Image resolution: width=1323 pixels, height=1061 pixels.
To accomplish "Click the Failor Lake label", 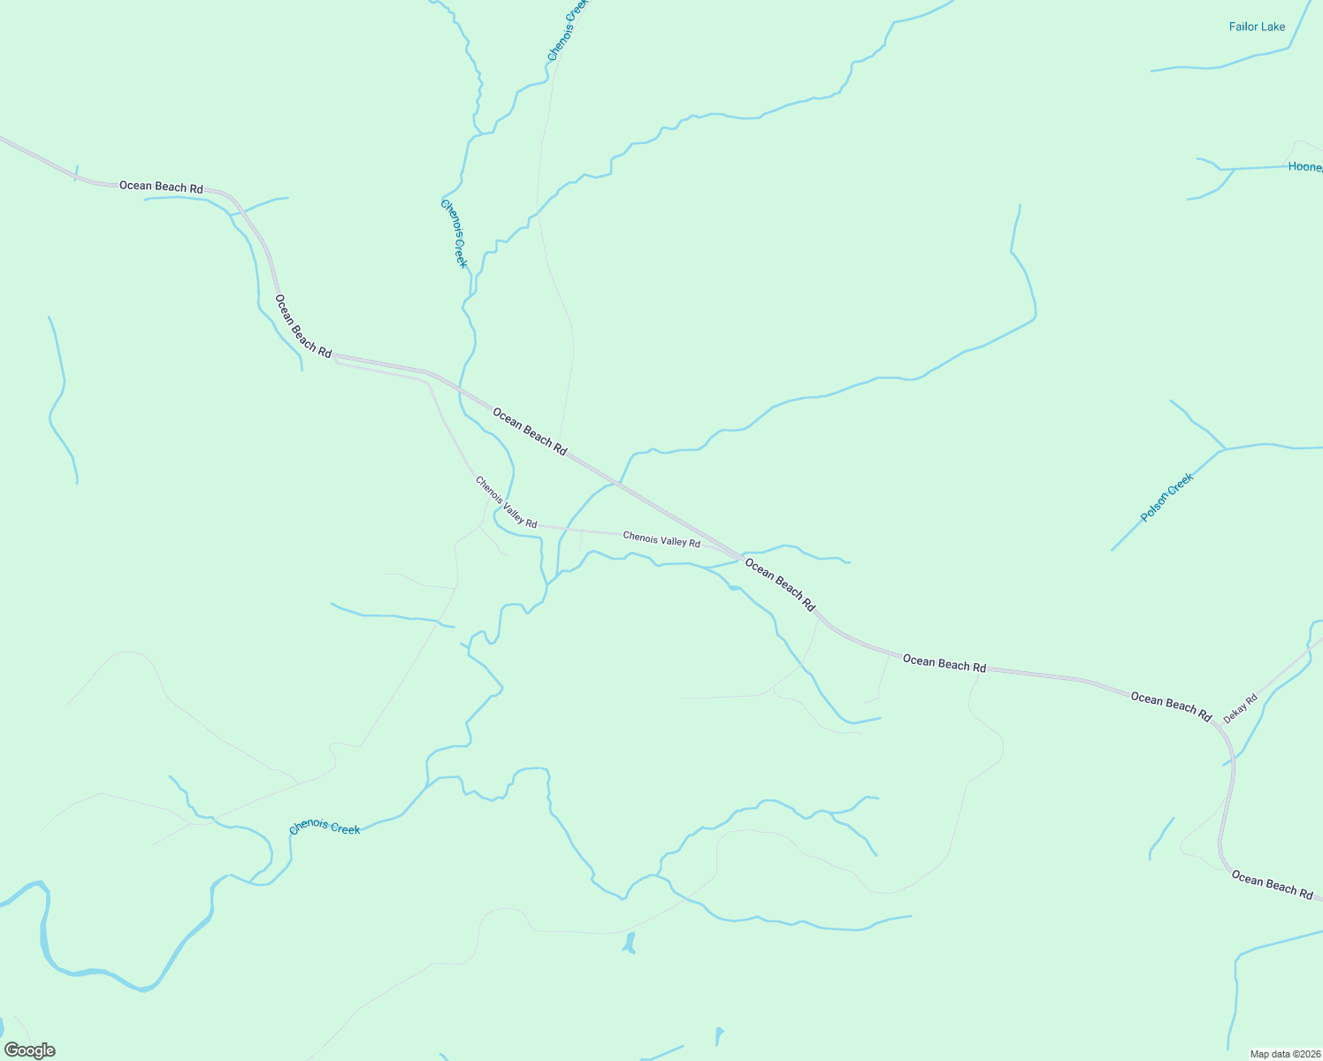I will click(1257, 27).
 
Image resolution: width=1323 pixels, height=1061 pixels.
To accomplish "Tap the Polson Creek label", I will click(1167, 497).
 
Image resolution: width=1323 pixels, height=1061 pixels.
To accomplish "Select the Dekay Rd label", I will click(1240, 709).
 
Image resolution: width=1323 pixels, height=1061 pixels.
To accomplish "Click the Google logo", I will click(29, 1050).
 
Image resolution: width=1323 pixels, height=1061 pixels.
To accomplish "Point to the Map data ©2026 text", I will click(1284, 1054).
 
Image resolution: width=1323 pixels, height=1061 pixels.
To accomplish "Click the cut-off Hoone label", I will click(1305, 167).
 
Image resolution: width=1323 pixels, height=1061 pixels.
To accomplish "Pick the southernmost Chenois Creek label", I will click(325, 828).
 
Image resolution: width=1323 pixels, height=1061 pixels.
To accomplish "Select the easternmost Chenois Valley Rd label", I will click(661, 539).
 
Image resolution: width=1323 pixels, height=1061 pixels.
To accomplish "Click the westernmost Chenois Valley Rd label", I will click(506, 502).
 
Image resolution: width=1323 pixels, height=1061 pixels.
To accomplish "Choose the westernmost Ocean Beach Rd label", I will click(161, 187).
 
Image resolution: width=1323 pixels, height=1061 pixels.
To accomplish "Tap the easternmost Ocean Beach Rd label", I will click(1272, 884).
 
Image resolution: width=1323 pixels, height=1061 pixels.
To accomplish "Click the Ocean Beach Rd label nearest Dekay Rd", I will click(1171, 706).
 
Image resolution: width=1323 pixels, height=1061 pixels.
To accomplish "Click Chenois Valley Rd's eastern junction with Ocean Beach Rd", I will click(739, 558).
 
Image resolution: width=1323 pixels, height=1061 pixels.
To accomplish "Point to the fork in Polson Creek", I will click(1225, 449).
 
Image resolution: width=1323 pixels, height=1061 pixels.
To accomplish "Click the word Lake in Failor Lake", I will click(1273, 27).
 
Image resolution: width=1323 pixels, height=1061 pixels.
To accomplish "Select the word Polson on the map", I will click(1155, 507).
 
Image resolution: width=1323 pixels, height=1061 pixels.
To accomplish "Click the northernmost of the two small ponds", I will click(629, 943).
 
